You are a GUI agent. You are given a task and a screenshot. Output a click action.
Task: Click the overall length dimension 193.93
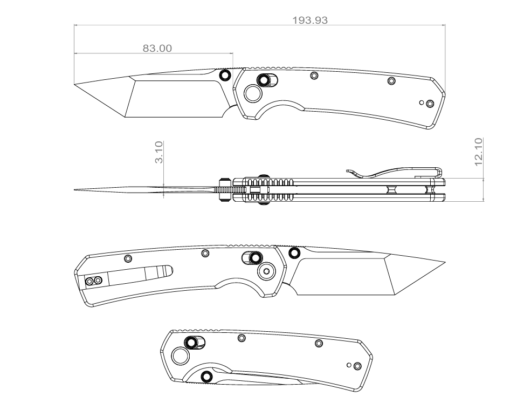tap(309, 20)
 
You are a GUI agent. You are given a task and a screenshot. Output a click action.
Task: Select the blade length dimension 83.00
tap(157, 49)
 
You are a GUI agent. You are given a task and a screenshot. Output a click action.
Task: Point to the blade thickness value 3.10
tap(159, 153)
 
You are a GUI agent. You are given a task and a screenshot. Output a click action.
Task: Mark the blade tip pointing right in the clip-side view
tap(445, 263)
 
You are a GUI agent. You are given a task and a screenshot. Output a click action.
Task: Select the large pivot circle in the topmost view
tap(252, 94)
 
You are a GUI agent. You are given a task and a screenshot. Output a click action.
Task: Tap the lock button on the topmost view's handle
tap(264, 80)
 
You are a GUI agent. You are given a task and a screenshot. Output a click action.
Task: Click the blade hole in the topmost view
tap(225, 74)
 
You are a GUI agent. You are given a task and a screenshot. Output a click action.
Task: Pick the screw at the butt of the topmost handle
tap(430, 104)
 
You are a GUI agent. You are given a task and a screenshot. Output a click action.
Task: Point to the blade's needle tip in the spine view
tap(74, 189)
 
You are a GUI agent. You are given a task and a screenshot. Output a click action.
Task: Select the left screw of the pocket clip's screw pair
tap(90, 281)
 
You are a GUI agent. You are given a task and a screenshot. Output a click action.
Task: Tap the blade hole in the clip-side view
tap(294, 252)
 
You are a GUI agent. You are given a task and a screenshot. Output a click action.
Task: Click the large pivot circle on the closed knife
tap(180, 355)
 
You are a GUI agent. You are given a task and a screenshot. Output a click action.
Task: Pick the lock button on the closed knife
tap(191, 342)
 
